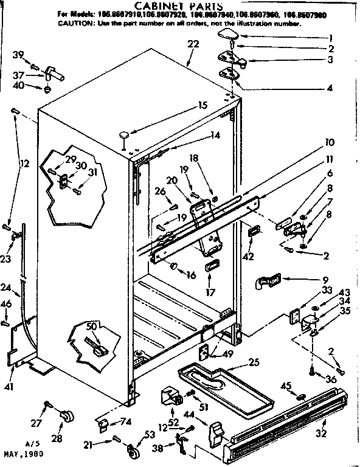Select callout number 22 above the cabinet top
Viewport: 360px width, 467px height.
point(193,45)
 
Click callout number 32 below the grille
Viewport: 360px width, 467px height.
point(321,434)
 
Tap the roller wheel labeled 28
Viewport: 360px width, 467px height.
point(67,415)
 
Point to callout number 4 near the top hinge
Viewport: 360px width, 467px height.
point(329,88)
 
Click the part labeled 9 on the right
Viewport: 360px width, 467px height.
point(266,280)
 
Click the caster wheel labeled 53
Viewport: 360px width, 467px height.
point(133,451)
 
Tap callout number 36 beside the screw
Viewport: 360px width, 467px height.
point(331,380)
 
